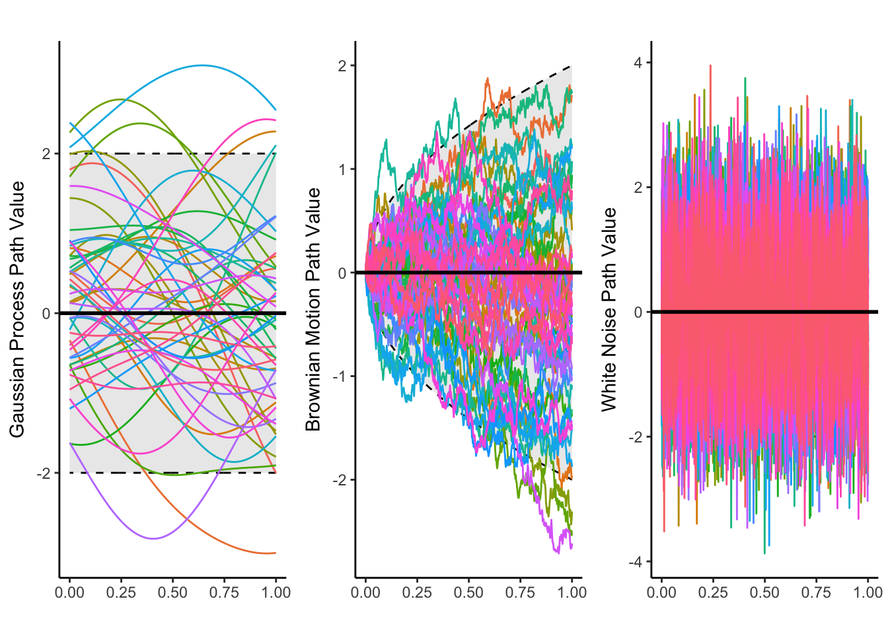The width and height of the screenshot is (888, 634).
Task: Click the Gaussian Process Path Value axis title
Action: [17, 309]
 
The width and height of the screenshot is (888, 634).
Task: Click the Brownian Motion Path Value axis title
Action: [313, 309]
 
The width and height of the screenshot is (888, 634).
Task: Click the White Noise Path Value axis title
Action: [609, 309]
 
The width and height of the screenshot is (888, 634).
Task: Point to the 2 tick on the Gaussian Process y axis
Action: [46, 154]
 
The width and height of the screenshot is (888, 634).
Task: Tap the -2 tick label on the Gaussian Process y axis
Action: [44, 473]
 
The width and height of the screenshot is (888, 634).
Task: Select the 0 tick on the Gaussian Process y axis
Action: [46, 313]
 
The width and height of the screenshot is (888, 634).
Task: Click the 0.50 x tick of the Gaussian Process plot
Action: [172, 592]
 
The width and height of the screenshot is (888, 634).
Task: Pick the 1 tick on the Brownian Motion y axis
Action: [342, 169]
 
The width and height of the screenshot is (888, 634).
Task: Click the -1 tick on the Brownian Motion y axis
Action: [340, 376]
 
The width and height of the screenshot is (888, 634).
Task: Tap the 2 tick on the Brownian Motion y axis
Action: [342, 65]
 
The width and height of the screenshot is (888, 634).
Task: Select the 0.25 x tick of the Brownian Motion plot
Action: [417, 592]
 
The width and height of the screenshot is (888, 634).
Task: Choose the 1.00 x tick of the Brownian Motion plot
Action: [572, 592]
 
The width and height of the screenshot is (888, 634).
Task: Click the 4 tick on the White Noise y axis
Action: [638, 63]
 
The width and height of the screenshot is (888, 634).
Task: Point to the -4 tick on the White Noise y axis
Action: [636, 561]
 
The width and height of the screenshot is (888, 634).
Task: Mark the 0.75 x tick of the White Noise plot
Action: [816, 592]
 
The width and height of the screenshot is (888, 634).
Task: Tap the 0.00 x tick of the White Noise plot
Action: [661, 592]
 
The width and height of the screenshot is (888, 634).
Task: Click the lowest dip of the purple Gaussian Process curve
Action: [153, 539]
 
